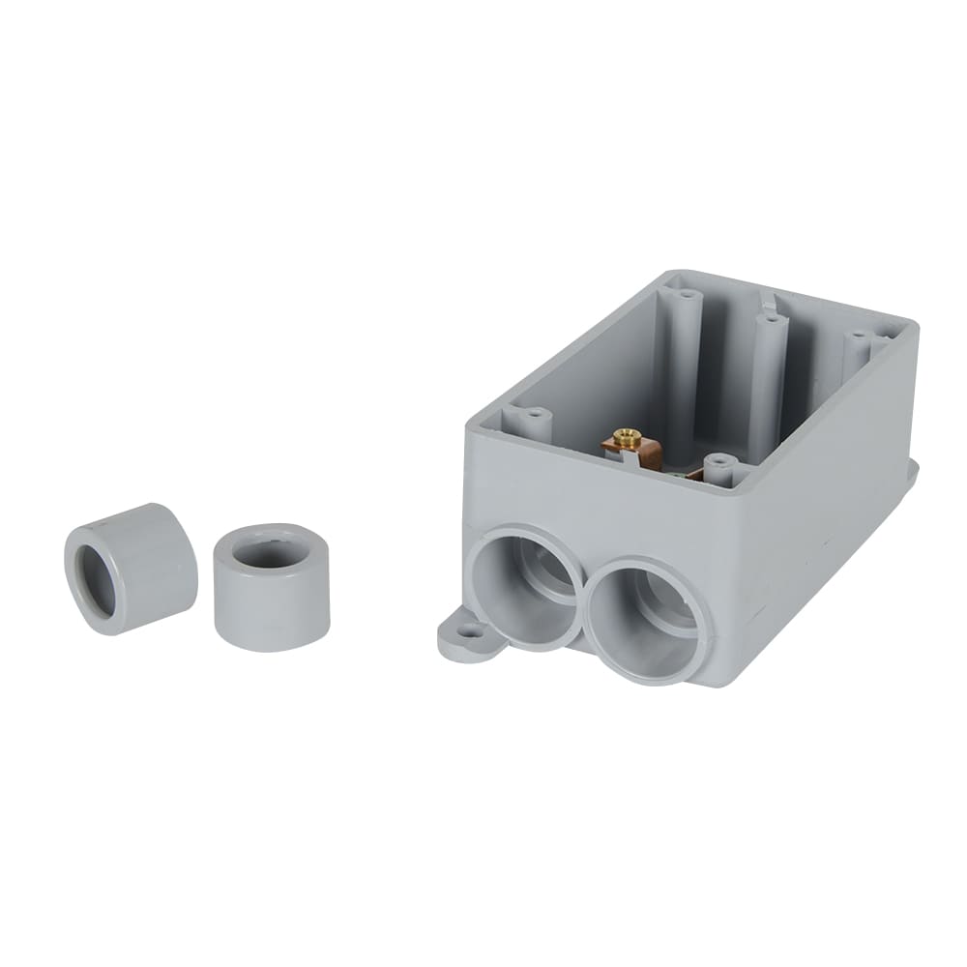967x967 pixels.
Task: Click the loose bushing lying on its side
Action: (x=130, y=568)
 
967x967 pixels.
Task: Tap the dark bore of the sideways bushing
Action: (x=95, y=580)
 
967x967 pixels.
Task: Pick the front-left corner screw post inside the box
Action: (x=535, y=422)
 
